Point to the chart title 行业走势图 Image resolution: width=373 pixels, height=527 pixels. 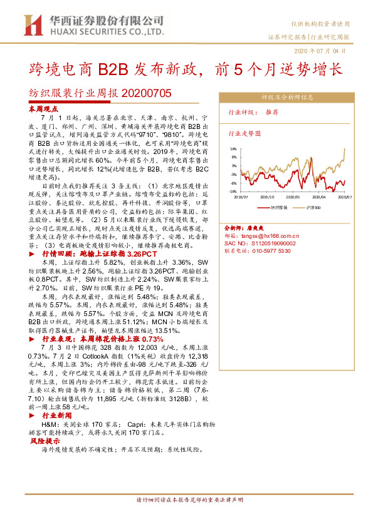pos(244,134)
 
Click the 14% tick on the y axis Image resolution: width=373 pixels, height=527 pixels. pos(233,149)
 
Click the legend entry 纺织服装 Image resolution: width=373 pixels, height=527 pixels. pos(279,206)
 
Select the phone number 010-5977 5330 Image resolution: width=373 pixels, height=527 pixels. pos(271,250)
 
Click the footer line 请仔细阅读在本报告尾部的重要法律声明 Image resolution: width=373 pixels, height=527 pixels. pos(189,501)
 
